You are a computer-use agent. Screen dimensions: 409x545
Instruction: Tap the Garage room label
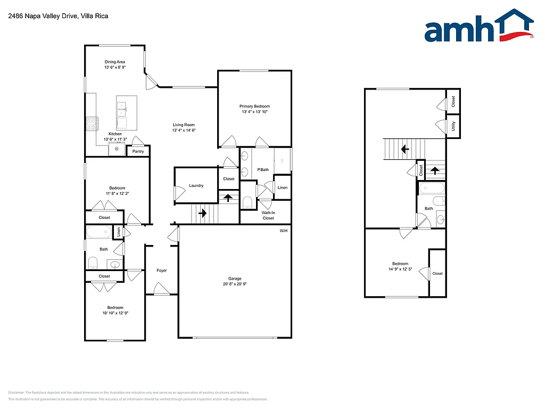pyautogui.click(x=235, y=279)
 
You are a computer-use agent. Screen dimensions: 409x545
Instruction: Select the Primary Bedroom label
pyautogui.click(x=254, y=107)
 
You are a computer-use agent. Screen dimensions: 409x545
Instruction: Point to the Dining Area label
pyautogui.click(x=114, y=62)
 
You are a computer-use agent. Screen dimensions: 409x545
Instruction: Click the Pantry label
pyautogui.click(x=138, y=151)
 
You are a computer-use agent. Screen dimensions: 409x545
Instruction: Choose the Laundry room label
pyautogui.click(x=196, y=185)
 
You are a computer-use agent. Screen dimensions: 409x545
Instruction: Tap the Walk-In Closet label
pyautogui.click(x=268, y=215)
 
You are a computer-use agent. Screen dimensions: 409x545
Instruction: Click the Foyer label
pyautogui.click(x=162, y=271)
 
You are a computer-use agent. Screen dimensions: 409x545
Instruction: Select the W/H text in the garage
pyautogui.click(x=284, y=231)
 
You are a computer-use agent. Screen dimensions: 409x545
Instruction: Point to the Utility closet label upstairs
pyautogui.click(x=453, y=126)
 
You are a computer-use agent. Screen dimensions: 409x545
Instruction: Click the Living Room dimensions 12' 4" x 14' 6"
pyautogui.click(x=184, y=130)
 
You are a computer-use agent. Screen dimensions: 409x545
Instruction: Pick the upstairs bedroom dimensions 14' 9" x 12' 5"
pyautogui.click(x=400, y=269)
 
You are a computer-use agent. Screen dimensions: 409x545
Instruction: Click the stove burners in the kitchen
pyautogui.click(x=91, y=124)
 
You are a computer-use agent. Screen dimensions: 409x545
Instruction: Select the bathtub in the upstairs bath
pyautogui.click(x=431, y=189)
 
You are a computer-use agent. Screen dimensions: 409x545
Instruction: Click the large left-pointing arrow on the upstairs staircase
pyautogui.click(x=404, y=149)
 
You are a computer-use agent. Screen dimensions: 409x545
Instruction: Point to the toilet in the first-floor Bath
pyautogui.click(x=93, y=262)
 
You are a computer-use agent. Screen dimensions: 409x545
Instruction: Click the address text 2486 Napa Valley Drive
pyautogui.click(x=43, y=16)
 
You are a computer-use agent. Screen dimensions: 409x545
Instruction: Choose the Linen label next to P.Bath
pyautogui.click(x=283, y=187)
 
